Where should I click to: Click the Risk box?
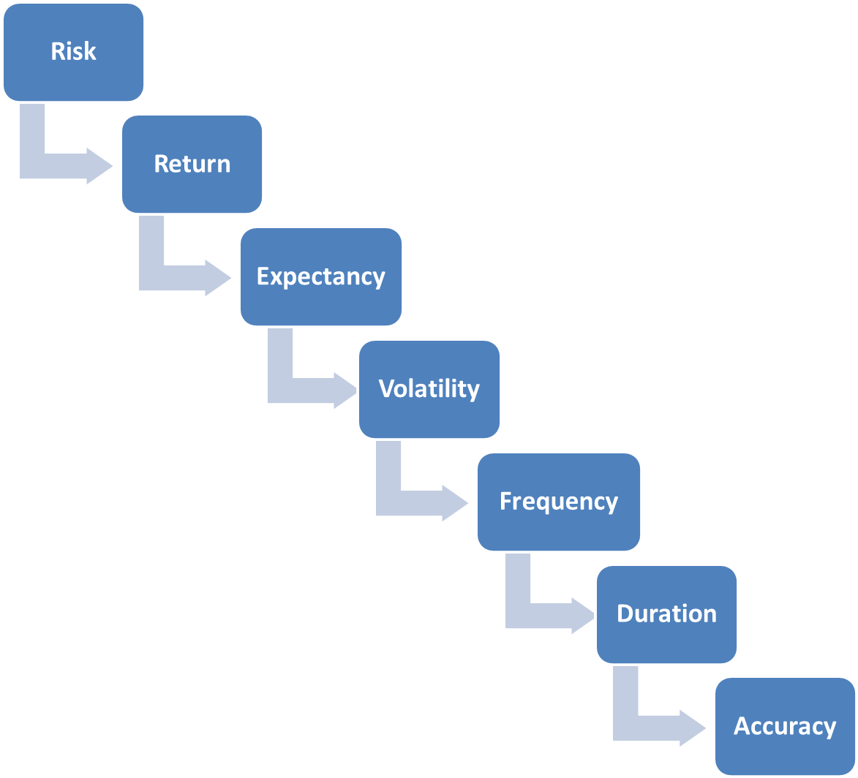(x=73, y=52)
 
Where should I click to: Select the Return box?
(x=192, y=164)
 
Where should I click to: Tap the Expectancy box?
(x=321, y=277)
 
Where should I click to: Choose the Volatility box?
(x=429, y=389)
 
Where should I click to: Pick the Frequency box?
(x=559, y=502)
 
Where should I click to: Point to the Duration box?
(x=666, y=614)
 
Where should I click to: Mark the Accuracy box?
(x=786, y=727)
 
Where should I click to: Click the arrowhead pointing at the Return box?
(x=99, y=166)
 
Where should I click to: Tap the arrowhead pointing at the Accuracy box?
(x=693, y=728)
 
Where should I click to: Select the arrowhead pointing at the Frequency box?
(x=455, y=503)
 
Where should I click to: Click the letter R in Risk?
(x=58, y=51)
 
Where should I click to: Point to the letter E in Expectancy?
(x=263, y=276)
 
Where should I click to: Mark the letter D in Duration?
(x=625, y=614)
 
